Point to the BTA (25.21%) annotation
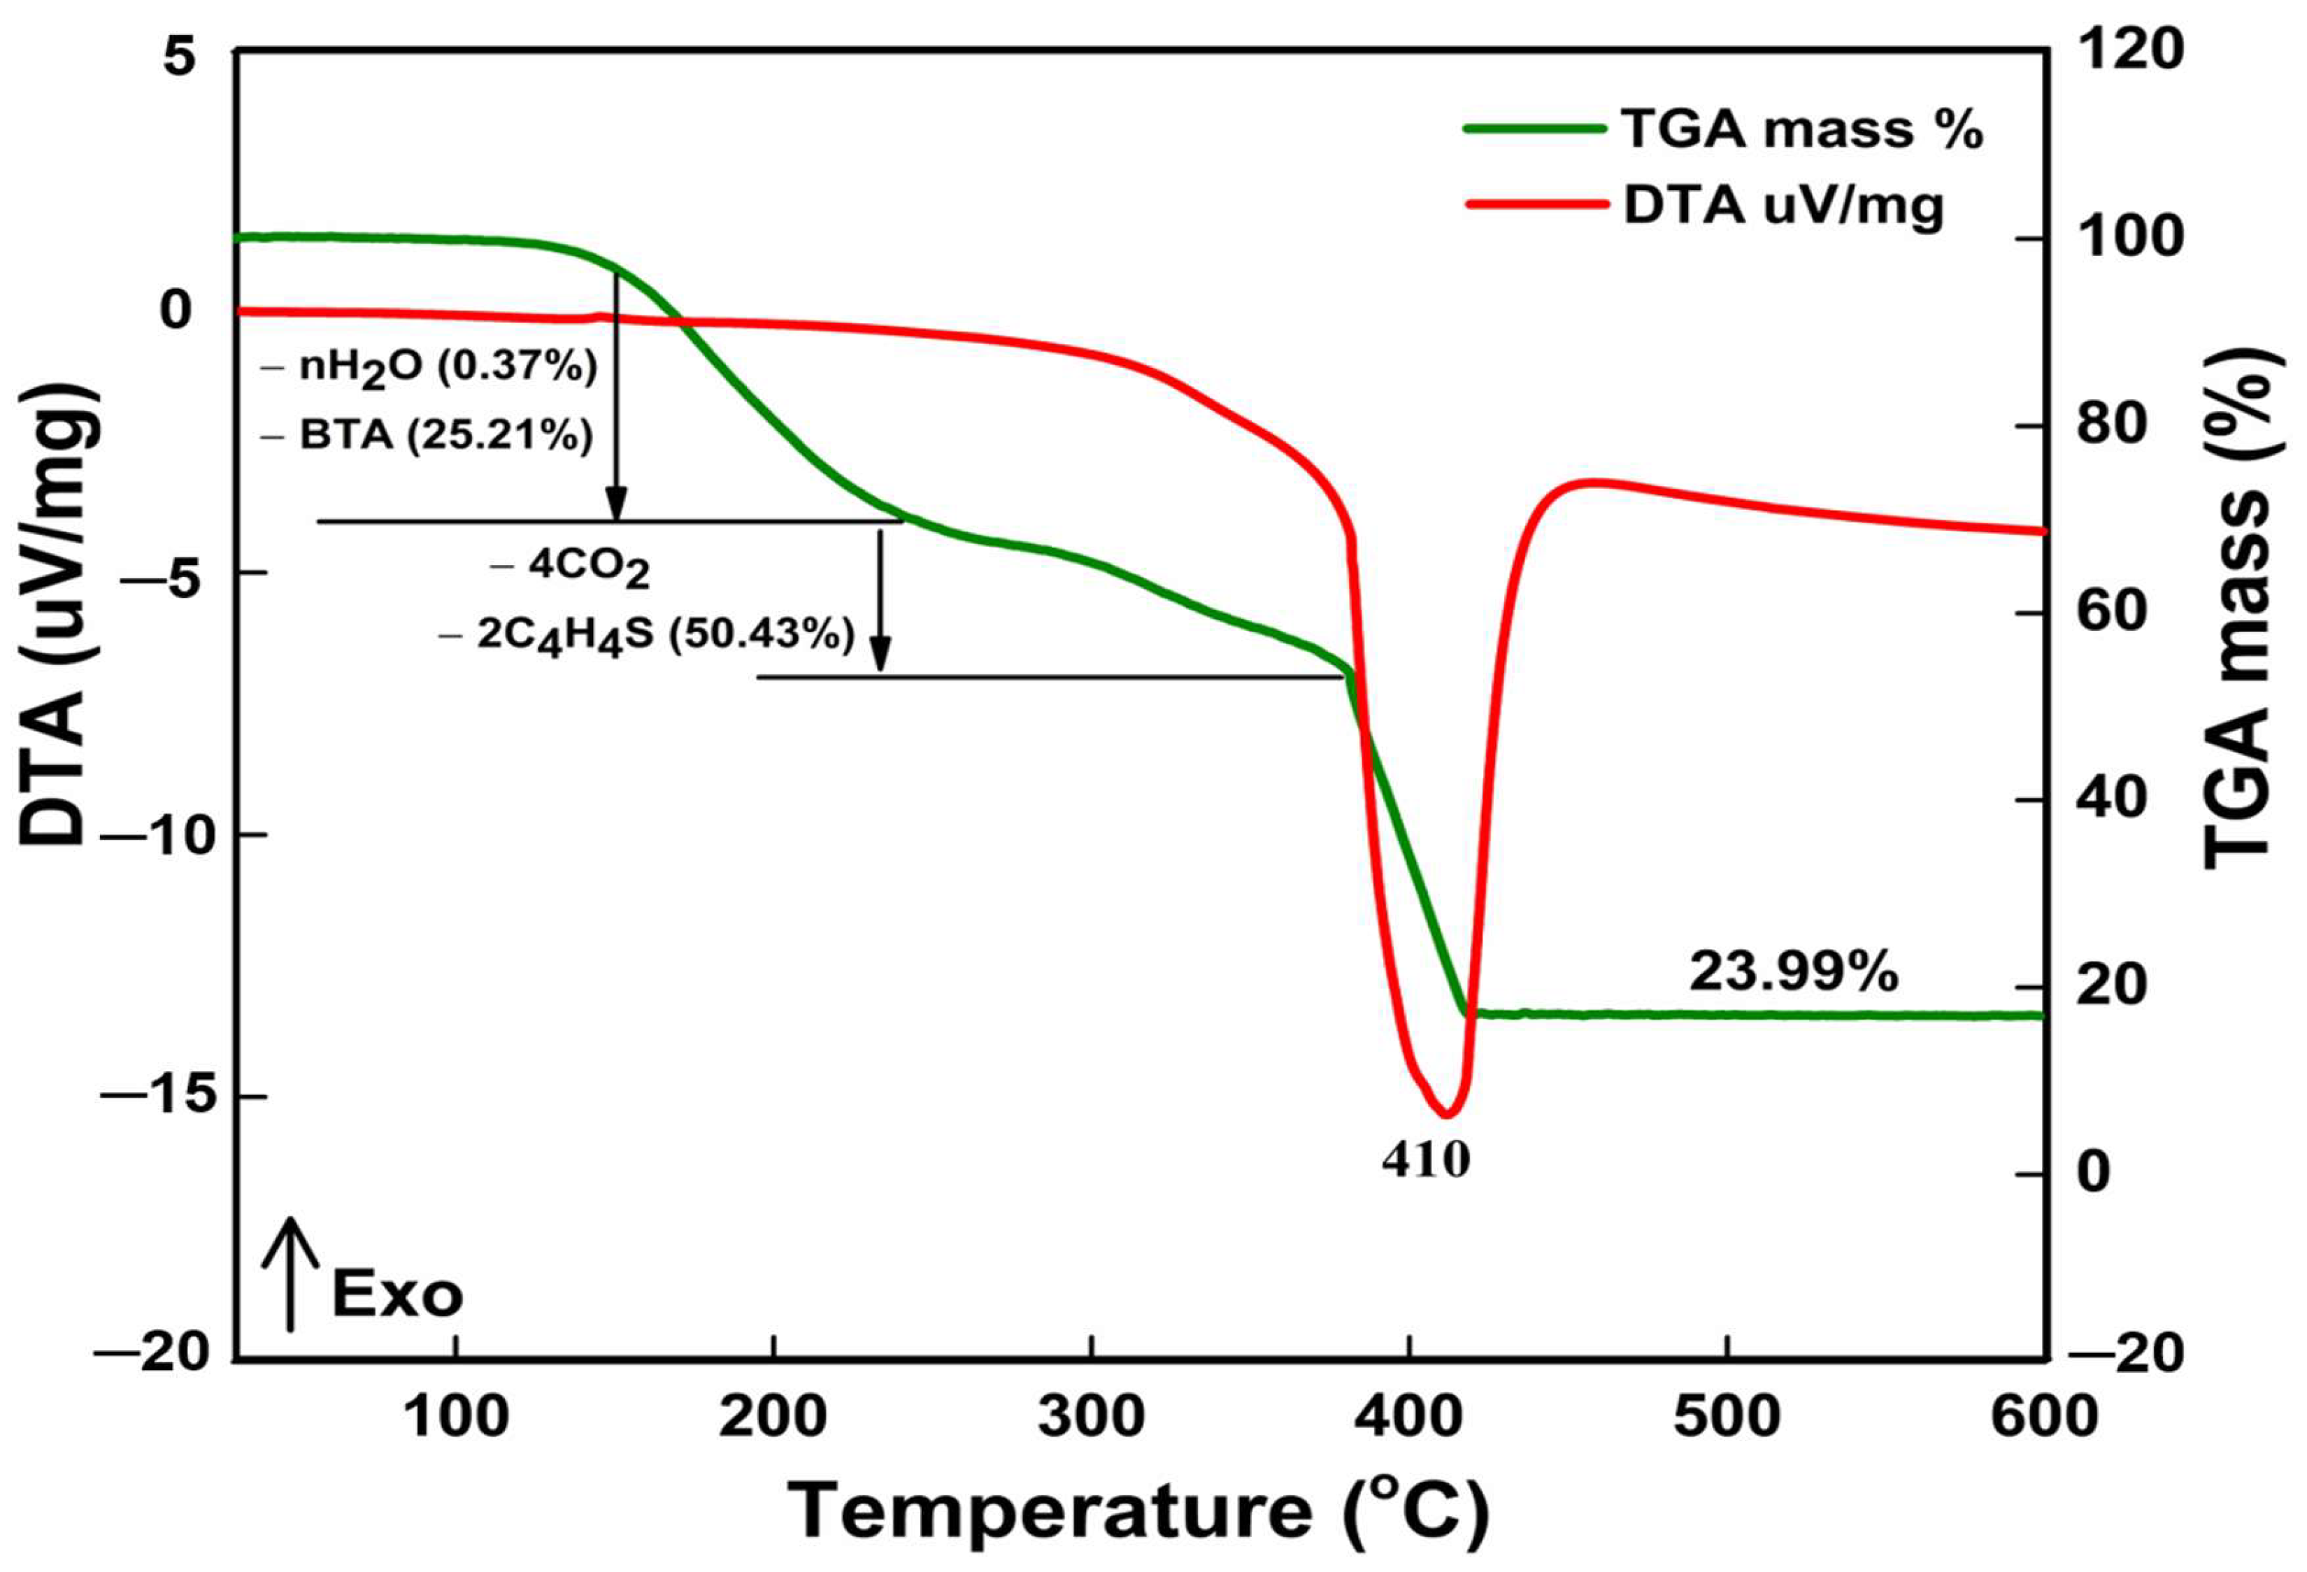point(429,436)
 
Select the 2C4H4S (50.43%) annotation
point(648,635)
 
